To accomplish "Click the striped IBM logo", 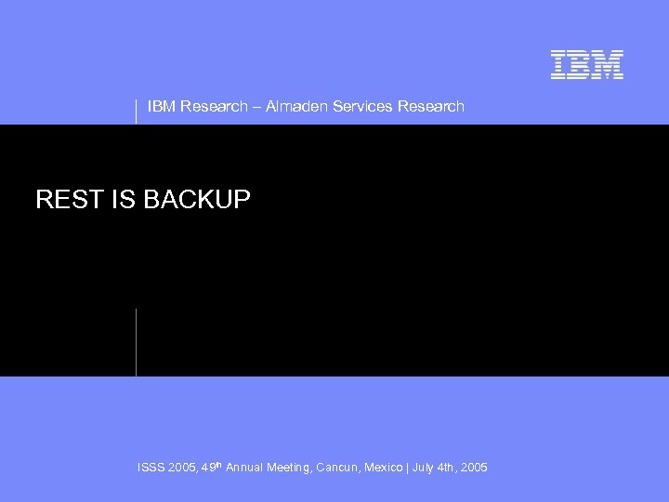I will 586,64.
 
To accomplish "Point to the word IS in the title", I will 123,199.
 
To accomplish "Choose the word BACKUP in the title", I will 197,199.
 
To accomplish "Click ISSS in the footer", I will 151,467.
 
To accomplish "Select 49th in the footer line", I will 213,466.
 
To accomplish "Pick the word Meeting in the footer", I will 293,467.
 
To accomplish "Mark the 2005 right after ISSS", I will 184,467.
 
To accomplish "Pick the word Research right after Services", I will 430,106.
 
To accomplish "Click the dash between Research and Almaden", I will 256,106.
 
